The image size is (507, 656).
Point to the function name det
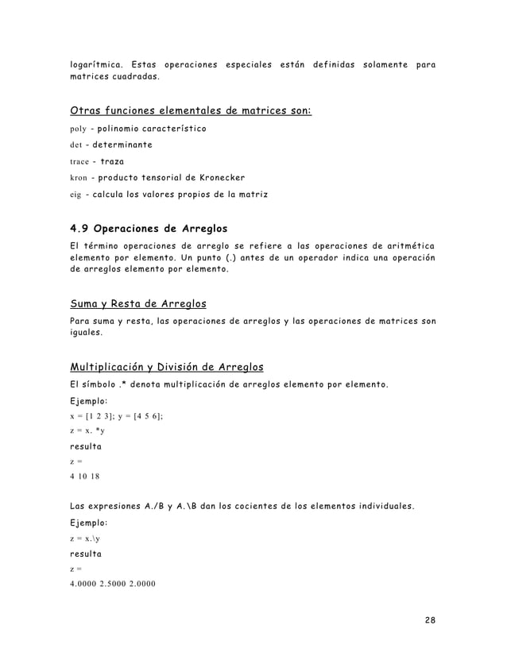(77, 145)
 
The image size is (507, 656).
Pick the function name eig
(77, 195)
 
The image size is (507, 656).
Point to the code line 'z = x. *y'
(88, 430)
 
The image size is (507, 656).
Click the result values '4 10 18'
(87, 477)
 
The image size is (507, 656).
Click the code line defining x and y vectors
(117, 415)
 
